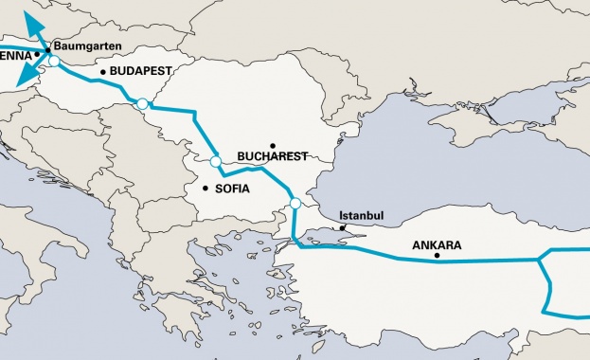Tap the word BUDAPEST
(141, 71)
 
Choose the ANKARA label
(437, 244)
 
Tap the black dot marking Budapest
(103, 71)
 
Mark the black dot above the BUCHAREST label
(271, 143)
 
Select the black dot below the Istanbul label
(343, 228)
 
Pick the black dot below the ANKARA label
(437, 256)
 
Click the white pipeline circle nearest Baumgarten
(54, 62)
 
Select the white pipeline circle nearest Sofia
(216, 162)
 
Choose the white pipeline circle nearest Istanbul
(295, 203)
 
